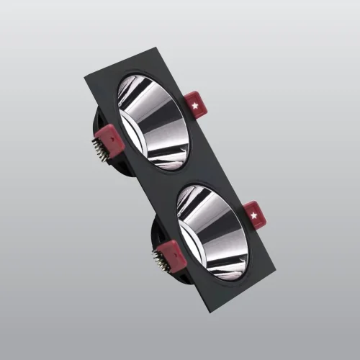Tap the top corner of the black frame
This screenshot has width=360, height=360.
[x=156, y=48]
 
